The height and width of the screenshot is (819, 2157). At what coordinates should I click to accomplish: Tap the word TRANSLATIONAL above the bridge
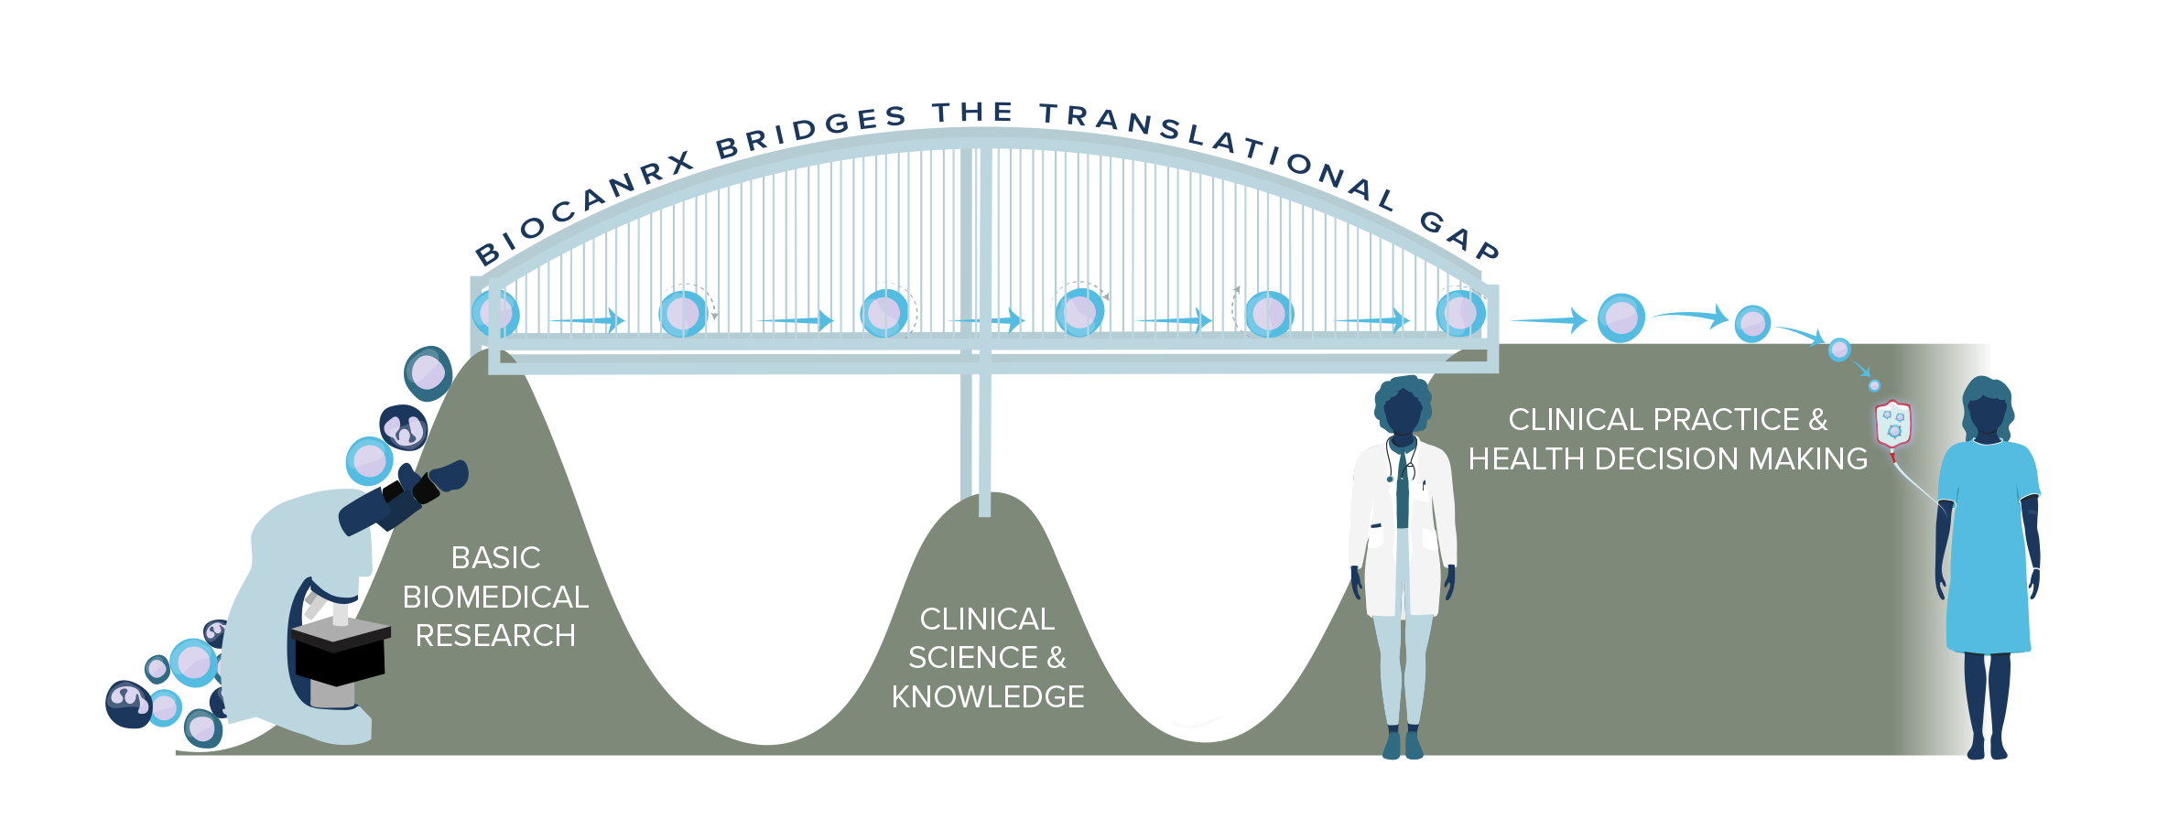(1218, 146)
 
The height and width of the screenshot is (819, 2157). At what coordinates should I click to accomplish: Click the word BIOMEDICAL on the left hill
(495, 598)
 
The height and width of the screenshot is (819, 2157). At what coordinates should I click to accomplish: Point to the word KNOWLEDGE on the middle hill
(988, 697)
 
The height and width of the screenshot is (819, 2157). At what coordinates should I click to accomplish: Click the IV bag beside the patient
(1893, 425)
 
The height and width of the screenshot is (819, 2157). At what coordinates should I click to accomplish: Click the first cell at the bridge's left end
(496, 313)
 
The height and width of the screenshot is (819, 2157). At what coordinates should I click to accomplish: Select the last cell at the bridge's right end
(1459, 313)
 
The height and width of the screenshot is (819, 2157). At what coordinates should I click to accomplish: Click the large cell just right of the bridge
(1620, 318)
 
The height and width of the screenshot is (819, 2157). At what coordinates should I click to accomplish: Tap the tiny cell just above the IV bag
(1874, 385)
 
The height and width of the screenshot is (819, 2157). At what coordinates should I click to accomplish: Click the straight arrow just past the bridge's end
(1547, 320)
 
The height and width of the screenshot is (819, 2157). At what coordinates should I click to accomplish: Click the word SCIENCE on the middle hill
(972, 658)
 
